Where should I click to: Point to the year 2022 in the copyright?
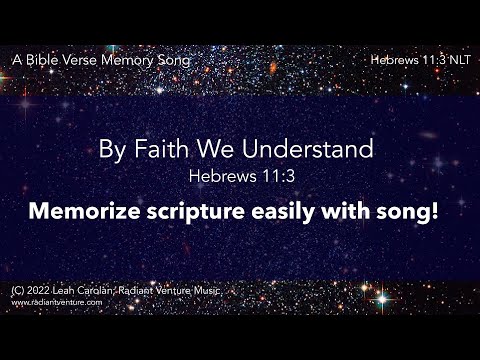[38, 290]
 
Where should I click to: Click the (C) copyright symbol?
[18, 290]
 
